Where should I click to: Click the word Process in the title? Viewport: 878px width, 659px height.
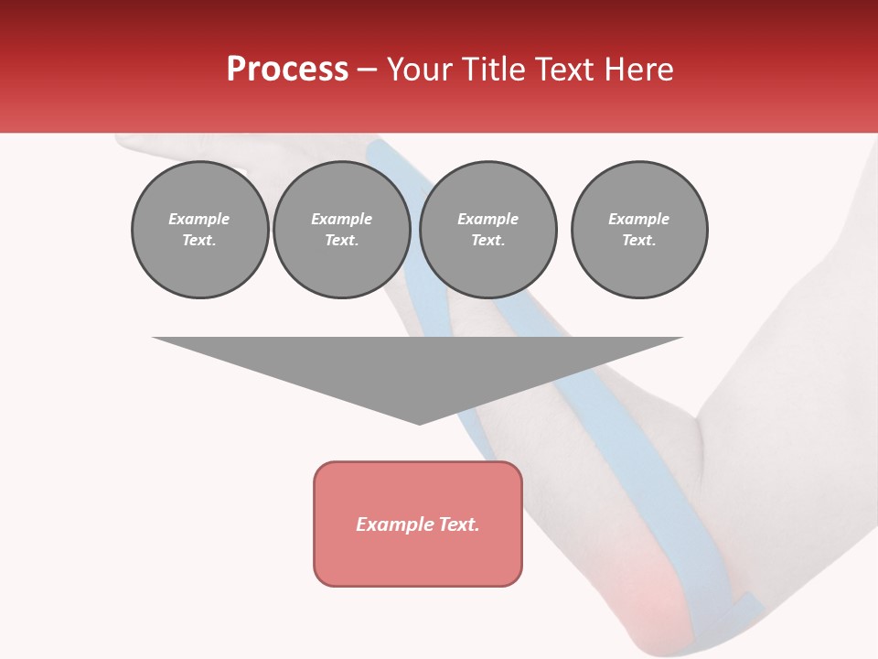(x=287, y=70)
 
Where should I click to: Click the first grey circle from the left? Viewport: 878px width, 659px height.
(x=199, y=230)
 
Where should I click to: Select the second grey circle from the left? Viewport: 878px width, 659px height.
(x=341, y=230)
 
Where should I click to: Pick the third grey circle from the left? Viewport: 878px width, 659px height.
(x=487, y=230)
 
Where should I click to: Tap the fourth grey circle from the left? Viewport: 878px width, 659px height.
(x=638, y=230)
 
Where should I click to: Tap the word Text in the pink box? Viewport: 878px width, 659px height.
(x=457, y=524)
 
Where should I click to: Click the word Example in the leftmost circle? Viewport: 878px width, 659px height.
(x=199, y=220)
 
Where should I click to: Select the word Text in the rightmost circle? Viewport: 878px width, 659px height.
(x=638, y=241)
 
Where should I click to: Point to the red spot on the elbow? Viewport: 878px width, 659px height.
(x=651, y=595)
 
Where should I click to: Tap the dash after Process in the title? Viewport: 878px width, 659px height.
(x=367, y=70)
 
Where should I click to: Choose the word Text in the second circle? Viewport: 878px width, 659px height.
(x=341, y=241)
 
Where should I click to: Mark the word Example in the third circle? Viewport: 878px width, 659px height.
(x=487, y=220)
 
